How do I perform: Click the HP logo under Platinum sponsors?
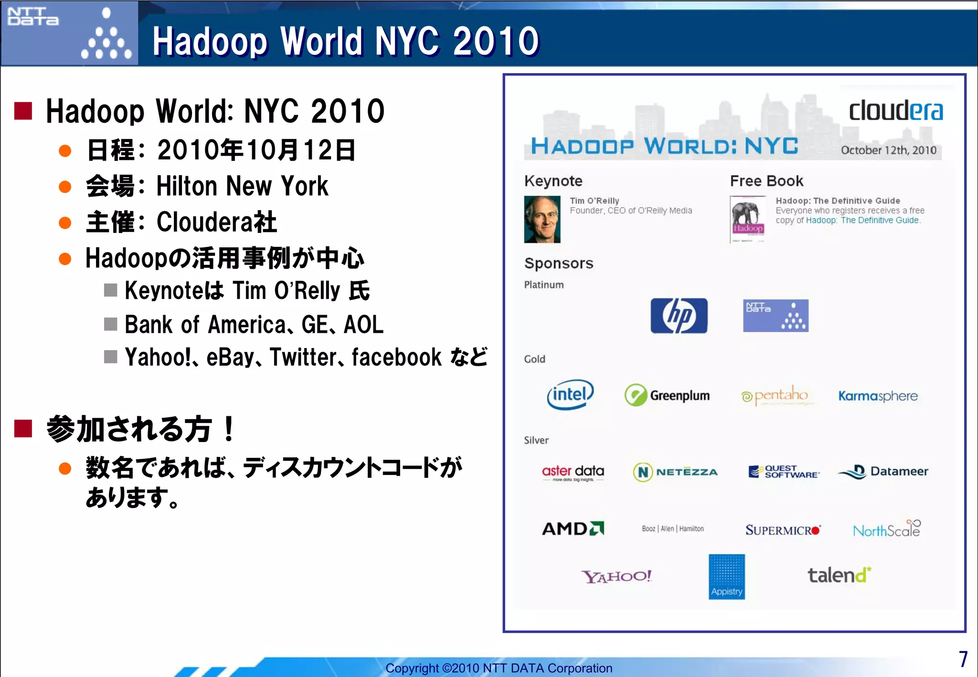pyautogui.click(x=679, y=316)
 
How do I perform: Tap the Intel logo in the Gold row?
pyautogui.click(x=570, y=395)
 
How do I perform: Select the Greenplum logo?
pyautogui.click(x=667, y=395)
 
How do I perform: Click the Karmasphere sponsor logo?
pyautogui.click(x=878, y=396)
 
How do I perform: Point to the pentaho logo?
pyautogui.click(x=775, y=396)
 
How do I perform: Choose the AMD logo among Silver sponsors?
pyautogui.click(x=573, y=529)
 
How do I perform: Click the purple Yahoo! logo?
pyautogui.click(x=616, y=576)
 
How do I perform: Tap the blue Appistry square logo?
pyautogui.click(x=726, y=576)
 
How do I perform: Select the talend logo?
pyautogui.click(x=839, y=575)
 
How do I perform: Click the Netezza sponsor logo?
pyautogui.click(x=675, y=472)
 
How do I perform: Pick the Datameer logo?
pyautogui.click(x=883, y=472)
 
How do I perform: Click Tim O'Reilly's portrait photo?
pyautogui.click(x=542, y=220)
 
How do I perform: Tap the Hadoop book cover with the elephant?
pyautogui.click(x=748, y=220)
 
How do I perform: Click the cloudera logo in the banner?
pyautogui.click(x=895, y=111)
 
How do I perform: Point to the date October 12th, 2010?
pyautogui.click(x=888, y=150)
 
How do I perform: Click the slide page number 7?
pyautogui.click(x=963, y=659)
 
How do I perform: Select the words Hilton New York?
pyautogui.click(x=242, y=186)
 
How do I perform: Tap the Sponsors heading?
pyautogui.click(x=559, y=264)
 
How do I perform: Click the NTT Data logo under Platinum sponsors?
pyautogui.click(x=776, y=316)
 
